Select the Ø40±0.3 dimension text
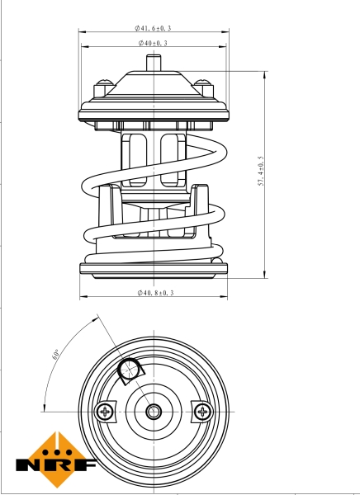(x=153, y=42)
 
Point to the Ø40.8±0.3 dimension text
(x=154, y=293)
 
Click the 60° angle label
(x=55, y=356)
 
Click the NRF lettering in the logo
(x=56, y=464)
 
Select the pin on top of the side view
(x=153, y=63)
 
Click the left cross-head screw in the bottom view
(x=104, y=410)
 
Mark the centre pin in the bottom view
(x=153, y=410)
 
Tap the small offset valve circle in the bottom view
(x=130, y=373)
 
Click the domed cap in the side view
(x=153, y=86)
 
